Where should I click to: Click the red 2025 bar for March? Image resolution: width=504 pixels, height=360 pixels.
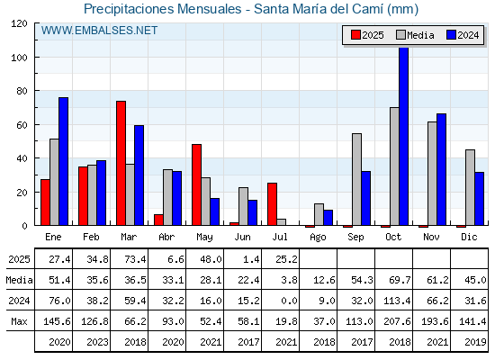coord(121,163)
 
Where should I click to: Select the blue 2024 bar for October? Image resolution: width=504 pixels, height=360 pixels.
coord(404,136)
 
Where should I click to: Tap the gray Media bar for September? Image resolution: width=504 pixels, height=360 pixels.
coord(356,179)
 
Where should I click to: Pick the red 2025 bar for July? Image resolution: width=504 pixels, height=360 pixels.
coord(272,204)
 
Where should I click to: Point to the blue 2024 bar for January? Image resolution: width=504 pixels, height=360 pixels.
coord(63,161)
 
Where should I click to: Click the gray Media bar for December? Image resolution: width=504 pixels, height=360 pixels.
coord(470,187)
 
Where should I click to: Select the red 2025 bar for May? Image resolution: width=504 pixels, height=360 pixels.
coord(197,184)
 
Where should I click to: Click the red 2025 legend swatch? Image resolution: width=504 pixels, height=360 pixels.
coord(355,35)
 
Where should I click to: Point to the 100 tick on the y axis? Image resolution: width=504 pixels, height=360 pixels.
coord(36,57)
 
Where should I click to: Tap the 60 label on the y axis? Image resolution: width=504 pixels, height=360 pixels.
coord(22,125)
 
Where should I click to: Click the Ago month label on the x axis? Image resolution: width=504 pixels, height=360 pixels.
coord(318,238)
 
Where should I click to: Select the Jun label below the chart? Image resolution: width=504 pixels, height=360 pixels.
coord(242,237)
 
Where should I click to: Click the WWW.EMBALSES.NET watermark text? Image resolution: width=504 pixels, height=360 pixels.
coord(99,31)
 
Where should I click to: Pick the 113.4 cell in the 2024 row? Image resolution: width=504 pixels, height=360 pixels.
coord(398,301)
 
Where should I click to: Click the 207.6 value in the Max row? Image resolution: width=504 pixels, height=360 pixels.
coord(398,321)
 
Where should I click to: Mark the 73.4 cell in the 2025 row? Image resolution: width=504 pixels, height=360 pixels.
coord(135,259)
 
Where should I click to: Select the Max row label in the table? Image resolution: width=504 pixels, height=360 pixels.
coord(19,321)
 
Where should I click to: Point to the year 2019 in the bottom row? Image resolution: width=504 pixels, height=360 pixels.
coord(475,342)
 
